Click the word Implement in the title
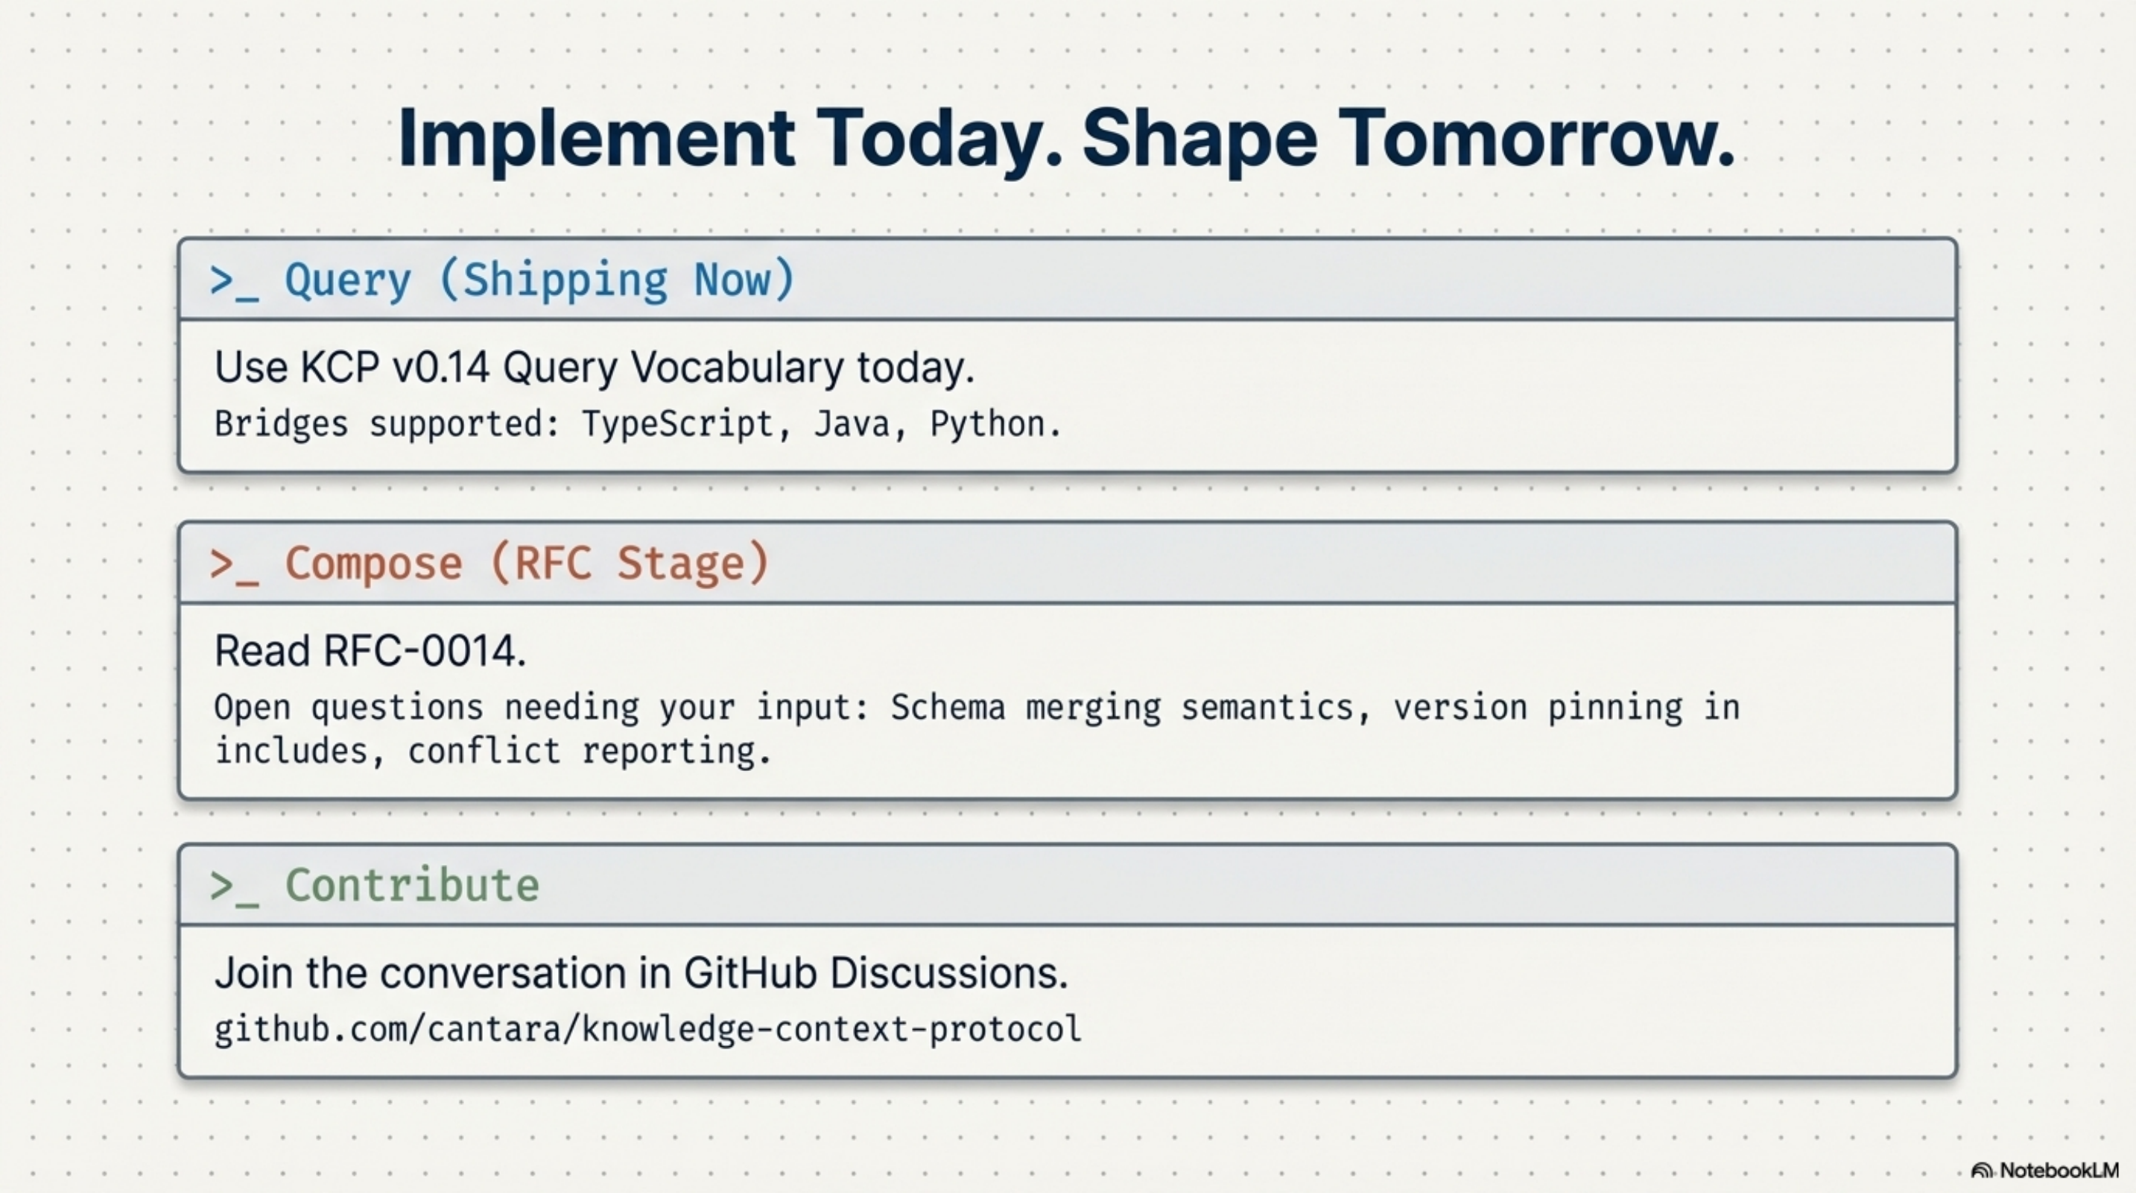pos(595,139)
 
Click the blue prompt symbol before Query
pos(234,282)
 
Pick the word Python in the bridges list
pos(986,425)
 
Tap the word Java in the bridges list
pos(852,425)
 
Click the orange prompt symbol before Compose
pos(234,566)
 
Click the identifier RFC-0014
pos(423,651)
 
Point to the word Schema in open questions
pos(947,708)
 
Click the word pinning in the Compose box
pos(1614,708)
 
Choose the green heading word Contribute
pos(412,885)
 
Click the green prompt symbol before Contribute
pos(234,887)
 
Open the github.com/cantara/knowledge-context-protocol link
pos(647,1030)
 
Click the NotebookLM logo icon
pos(1982,1171)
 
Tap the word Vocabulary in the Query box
pos(736,368)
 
